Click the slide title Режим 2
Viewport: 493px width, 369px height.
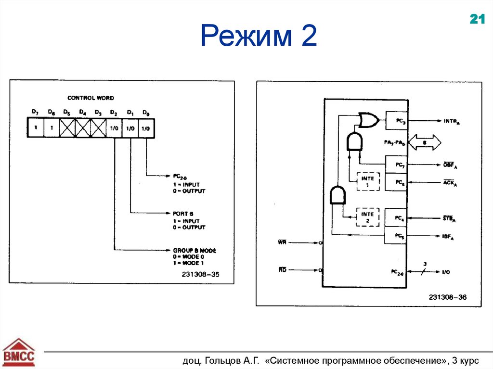click(x=259, y=37)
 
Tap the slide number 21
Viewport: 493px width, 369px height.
click(x=477, y=19)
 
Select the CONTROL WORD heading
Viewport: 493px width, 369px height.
click(x=91, y=98)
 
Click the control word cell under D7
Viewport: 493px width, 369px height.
click(x=35, y=129)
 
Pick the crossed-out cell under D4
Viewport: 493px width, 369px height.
click(x=82, y=129)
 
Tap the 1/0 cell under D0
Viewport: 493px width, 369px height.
click(x=146, y=129)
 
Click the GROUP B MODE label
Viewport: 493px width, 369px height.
click(x=195, y=251)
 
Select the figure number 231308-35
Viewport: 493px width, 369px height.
click(x=201, y=275)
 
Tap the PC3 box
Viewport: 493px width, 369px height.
click(x=396, y=122)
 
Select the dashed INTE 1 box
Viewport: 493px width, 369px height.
click(x=368, y=181)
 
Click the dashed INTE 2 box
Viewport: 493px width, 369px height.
click(x=368, y=217)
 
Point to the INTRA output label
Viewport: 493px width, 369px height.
click(x=453, y=122)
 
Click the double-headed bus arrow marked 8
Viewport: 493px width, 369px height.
click(x=424, y=142)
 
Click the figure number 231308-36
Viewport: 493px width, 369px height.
click(x=448, y=297)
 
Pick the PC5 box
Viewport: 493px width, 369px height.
click(x=396, y=235)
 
